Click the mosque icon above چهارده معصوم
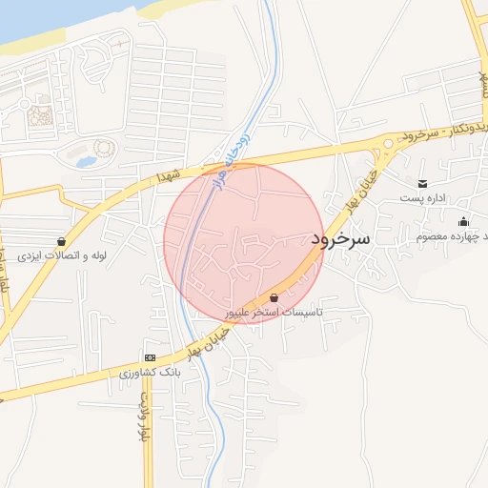click(464, 221)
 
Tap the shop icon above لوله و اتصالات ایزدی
click(62, 242)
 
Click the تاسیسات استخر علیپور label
click(274, 312)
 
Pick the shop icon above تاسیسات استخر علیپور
click(274, 297)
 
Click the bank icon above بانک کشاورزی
click(150, 356)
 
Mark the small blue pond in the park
click(86, 161)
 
